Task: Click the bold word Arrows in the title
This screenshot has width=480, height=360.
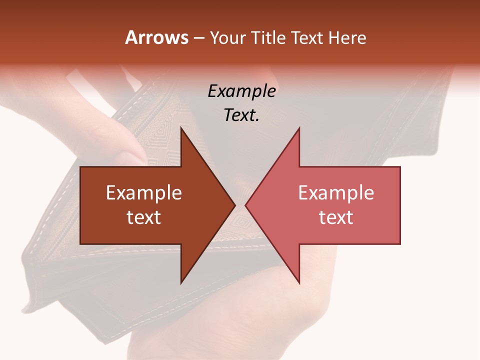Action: [x=157, y=37]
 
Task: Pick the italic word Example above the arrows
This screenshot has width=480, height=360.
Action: [x=242, y=91]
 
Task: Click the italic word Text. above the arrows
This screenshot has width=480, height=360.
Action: [x=242, y=115]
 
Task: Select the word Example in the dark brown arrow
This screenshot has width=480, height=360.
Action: [x=144, y=192]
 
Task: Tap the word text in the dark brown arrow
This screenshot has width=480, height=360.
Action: [x=144, y=217]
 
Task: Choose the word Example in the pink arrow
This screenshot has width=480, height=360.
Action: [x=336, y=192]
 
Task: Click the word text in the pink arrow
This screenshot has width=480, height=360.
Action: [x=336, y=217]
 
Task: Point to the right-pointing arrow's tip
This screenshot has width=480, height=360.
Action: [x=235, y=205]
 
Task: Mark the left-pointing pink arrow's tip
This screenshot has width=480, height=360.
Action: [x=245, y=205]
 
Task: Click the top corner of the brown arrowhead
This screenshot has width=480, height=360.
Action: [x=181, y=128]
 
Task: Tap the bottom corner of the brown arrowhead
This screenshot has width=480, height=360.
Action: [x=181, y=283]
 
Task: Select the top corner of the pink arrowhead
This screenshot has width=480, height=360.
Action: [x=299, y=128]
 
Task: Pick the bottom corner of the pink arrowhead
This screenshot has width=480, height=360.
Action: [x=299, y=283]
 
